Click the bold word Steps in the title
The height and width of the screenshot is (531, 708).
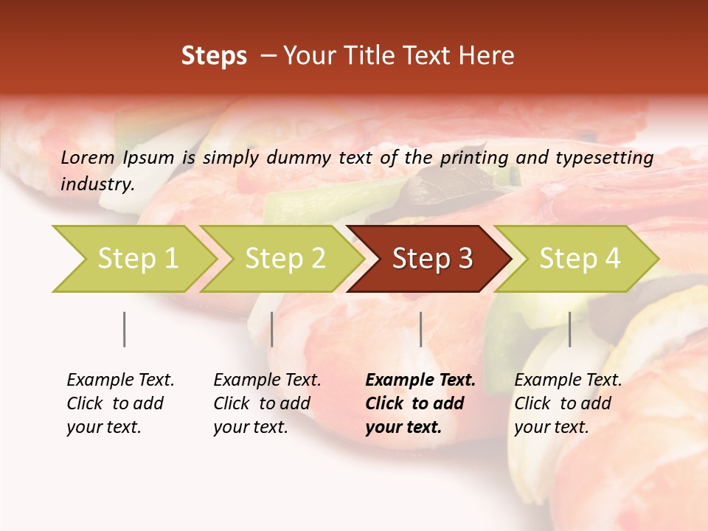[x=214, y=56]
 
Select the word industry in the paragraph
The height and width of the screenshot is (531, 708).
[x=97, y=184]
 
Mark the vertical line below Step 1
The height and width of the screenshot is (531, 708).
[x=125, y=329]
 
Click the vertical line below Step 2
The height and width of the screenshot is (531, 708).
[x=272, y=329]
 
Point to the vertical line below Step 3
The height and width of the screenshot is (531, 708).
[x=420, y=329]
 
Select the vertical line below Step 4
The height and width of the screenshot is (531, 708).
[x=569, y=329]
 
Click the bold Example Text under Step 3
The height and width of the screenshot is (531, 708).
[x=420, y=381]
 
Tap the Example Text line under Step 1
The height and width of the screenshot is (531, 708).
[x=120, y=381]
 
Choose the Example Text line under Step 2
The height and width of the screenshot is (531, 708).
[x=267, y=381]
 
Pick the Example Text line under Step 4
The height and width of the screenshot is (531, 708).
[x=568, y=381]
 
